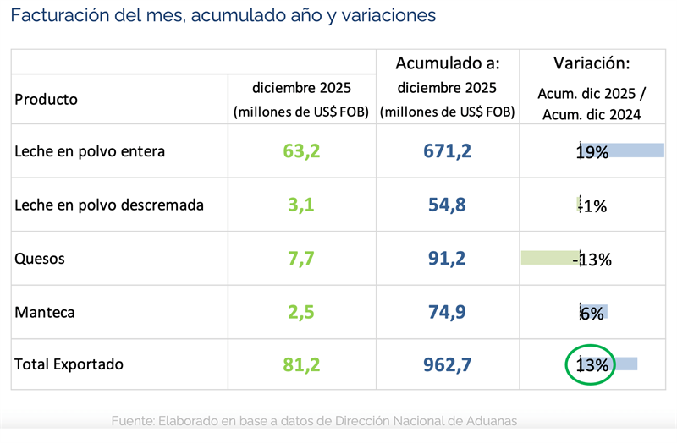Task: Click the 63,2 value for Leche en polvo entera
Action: tap(299, 152)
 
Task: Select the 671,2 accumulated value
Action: tap(447, 152)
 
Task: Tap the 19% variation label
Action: tap(592, 152)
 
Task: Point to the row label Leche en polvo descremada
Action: tap(109, 205)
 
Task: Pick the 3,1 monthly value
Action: tap(299, 205)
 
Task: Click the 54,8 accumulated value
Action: tap(447, 205)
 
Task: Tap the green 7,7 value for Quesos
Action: tap(299, 259)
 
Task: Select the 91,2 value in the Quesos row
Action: tap(447, 259)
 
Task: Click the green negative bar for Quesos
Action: tap(548, 258)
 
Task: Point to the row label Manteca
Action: tap(45, 312)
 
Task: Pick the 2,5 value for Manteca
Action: tap(299, 312)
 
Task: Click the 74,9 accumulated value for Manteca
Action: tap(447, 312)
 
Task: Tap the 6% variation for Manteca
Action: tap(592, 313)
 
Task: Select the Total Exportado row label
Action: tap(69, 364)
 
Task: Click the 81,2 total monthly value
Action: tap(299, 365)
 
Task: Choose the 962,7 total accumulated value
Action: tap(447, 365)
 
